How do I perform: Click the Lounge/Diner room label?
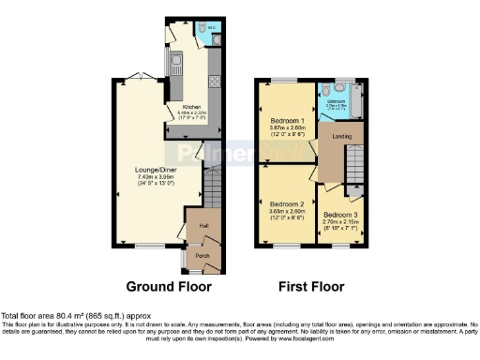[155, 170]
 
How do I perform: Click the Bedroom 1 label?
[287, 122]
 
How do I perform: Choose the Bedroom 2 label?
[287, 204]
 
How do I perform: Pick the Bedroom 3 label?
[340, 215]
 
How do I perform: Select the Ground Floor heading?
[169, 286]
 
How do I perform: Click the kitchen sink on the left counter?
[176, 66]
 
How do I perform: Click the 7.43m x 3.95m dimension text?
[155, 178]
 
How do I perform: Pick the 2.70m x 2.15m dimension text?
[340, 222]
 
